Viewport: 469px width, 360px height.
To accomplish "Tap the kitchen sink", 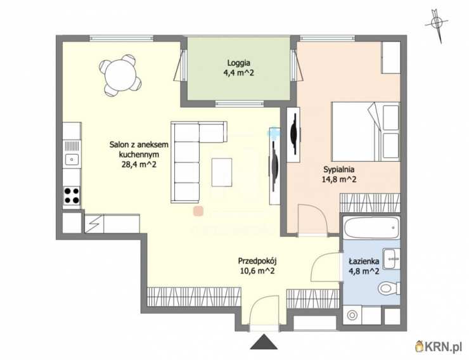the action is [x=72, y=159].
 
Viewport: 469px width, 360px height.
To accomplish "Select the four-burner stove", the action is [x=72, y=195].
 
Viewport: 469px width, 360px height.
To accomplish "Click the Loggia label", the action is [x=239, y=63].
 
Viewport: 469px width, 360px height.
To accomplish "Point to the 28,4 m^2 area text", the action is [x=139, y=164].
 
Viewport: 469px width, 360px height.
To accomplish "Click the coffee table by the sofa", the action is [x=222, y=172].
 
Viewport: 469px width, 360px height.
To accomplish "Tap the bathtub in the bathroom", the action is [x=371, y=228].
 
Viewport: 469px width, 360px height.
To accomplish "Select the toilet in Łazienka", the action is [x=389, y=288].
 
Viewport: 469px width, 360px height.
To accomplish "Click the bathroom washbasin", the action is [x=392, y=259].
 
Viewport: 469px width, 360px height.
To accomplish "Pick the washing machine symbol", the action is [x=352, y=315].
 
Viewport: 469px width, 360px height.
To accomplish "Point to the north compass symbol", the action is [x=437, y=25].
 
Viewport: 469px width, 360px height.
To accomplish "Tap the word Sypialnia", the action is [x=339, y=169].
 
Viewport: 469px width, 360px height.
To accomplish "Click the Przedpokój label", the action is [x=257, y=261].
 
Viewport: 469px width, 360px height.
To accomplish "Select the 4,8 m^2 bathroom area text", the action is [x=364, y=271].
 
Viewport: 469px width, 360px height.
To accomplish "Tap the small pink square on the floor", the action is [x=198, y=211].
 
